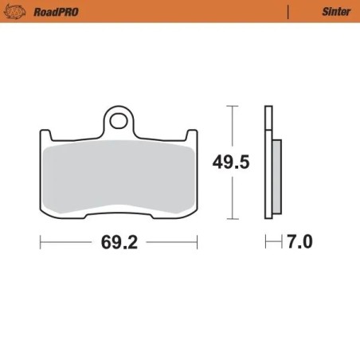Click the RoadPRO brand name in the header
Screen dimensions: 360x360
coord(54,12)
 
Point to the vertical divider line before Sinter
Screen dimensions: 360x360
coord(287,12)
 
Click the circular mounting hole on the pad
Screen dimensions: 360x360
coord(119,122)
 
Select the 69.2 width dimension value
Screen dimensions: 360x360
coord(119,243)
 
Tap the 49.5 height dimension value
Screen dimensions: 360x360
coord(231,162)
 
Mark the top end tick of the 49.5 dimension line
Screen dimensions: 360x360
coord(231,105)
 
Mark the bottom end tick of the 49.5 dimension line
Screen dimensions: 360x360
coord(231,219)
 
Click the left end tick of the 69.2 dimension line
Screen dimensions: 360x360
coord(41,242)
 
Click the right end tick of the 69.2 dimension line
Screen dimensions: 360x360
coord(198,242)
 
